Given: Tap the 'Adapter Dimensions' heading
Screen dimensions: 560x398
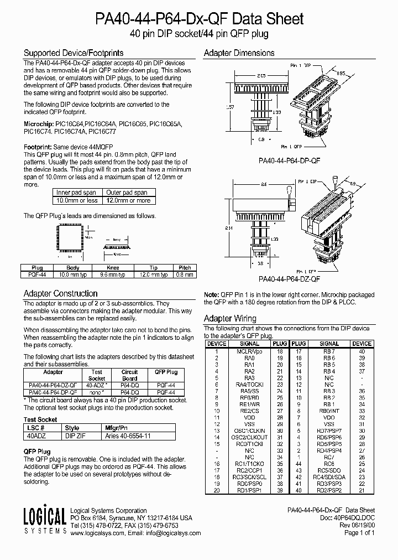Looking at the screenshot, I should pos(239,54).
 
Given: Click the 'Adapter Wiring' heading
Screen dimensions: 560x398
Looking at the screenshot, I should pos(230,318).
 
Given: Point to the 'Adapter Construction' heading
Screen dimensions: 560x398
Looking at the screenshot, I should pos(60,293).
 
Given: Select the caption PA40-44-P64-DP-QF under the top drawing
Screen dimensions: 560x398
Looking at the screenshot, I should pos(290,160).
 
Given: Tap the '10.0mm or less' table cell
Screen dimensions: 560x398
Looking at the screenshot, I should pos(77,200).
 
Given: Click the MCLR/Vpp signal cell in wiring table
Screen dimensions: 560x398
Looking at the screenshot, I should pos(250,351).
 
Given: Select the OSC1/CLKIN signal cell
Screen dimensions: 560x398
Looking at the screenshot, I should pos(250,431).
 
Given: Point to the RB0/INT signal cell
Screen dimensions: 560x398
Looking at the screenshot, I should pos(329,411).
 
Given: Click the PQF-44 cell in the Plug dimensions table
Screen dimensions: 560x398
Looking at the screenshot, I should pos(40,274).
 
